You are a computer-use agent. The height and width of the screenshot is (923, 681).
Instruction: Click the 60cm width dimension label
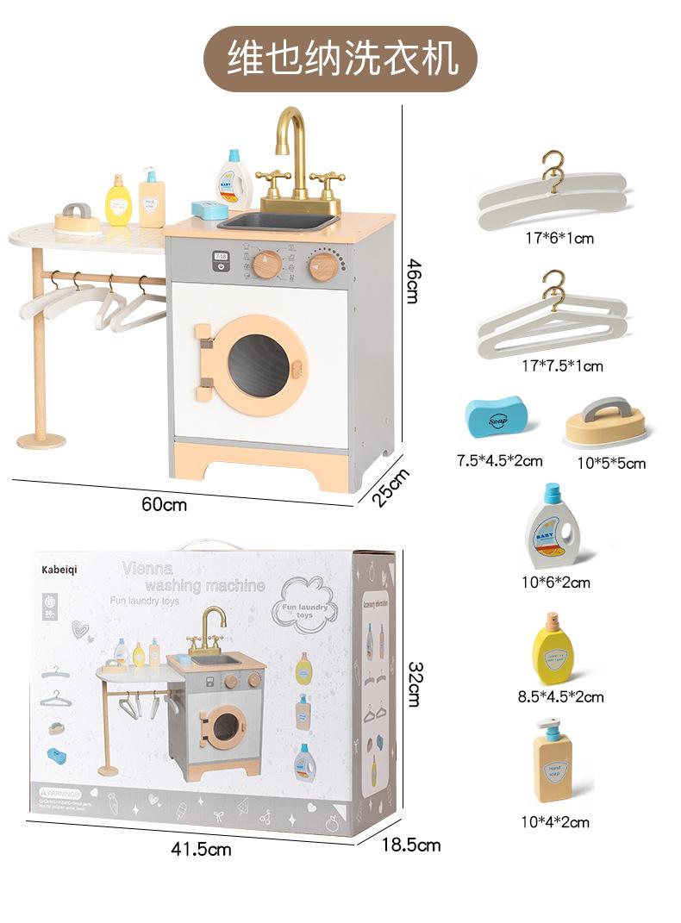click(164, 503)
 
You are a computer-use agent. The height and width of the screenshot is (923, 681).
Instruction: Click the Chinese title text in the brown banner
click(340, 58)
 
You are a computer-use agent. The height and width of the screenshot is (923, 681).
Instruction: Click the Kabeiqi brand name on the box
click(66, 570)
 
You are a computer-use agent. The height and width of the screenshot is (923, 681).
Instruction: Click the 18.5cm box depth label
click(411, 845)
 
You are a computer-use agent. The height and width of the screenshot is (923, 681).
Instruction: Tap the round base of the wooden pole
click(42, 440)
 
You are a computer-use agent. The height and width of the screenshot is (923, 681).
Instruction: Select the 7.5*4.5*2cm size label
click(499, 460)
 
